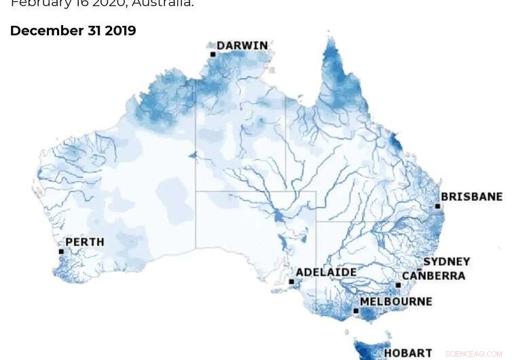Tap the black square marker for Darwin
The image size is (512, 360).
(213, 54)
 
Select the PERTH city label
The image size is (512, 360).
(85, 242)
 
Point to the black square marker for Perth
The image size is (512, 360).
(61, 251)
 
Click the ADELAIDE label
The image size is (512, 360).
(327, 272)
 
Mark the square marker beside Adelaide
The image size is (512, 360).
(291, 281)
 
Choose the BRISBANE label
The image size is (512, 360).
(471, 197)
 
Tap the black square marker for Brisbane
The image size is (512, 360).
(438, 206)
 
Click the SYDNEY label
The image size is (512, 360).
(446, 262)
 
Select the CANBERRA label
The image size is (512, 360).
(433, 276)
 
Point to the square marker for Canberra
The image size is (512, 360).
(398, 285)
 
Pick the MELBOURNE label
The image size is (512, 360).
(395, 301)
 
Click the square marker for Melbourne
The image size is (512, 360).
(356, 310)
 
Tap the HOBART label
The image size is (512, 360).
(407, 353)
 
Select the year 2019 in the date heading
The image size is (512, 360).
(120, 31)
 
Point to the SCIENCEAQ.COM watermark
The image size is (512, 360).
(475, 354)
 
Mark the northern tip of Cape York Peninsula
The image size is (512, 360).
(331, 41)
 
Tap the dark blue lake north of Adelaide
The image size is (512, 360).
(278, 217)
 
